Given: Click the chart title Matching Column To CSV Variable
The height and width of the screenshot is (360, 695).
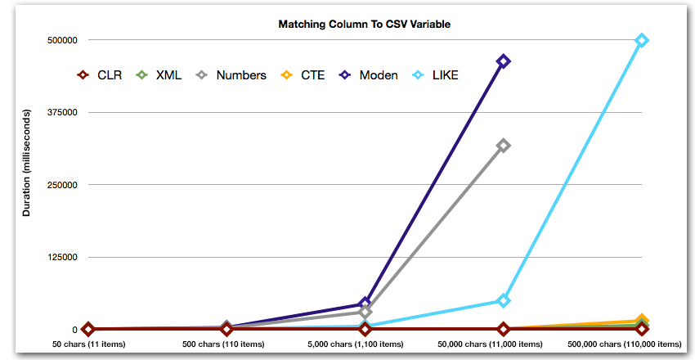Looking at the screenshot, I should point(364,25).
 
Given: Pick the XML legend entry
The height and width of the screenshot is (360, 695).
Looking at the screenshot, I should point(160,75).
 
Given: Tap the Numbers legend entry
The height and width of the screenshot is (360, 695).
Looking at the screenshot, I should point(232,75).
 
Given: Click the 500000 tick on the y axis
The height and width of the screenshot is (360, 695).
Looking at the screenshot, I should point(63,40).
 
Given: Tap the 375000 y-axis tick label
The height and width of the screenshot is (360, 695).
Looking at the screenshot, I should point(63,113).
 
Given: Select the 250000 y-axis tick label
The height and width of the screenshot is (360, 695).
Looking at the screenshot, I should point(63,185).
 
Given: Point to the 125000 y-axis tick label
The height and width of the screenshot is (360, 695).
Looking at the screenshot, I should point(63,258).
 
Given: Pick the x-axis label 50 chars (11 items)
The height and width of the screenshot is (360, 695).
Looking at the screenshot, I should point(89,344).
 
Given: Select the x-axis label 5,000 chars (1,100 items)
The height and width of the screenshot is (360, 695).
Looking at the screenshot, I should point(365,344).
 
